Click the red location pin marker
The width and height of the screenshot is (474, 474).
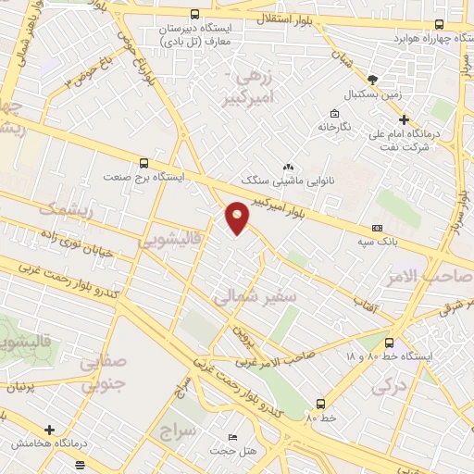[x=238, y=218]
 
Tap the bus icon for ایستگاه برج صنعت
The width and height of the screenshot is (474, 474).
[x=143, y=161]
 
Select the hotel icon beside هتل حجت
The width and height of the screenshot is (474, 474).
[x=232, y=437]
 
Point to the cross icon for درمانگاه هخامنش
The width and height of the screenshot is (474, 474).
[x=49, y=430]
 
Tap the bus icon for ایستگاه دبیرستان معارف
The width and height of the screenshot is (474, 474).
[x=194, y=15]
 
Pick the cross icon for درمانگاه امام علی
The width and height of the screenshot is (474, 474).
[x=403, y=118]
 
